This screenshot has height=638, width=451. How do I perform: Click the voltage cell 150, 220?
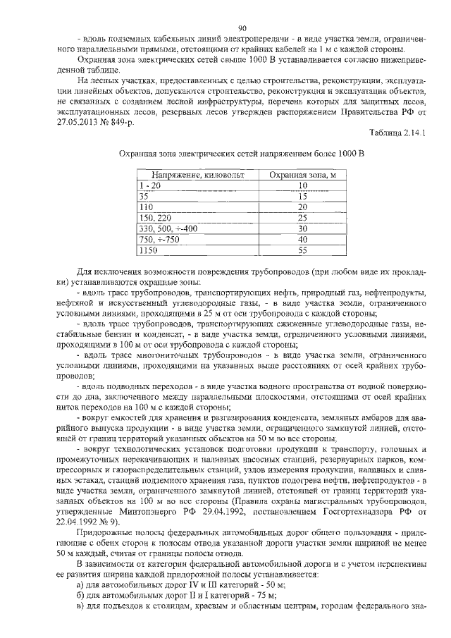pos(155,219)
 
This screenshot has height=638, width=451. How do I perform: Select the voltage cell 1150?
pos(148,250)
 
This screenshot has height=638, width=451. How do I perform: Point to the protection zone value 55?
pos(302,250)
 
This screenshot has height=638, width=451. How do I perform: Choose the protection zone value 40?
pos(302,240)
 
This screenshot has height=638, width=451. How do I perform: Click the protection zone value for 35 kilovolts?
pos(302,196)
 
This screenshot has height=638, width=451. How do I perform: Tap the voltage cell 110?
pos(147,207)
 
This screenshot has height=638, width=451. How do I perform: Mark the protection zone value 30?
pos(302,229)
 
